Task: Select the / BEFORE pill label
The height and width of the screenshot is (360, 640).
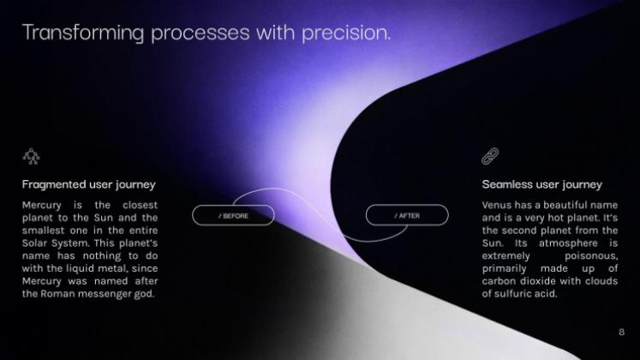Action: click(x=233, y=216)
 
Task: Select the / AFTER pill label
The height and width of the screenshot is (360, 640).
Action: click(x=407, y=216)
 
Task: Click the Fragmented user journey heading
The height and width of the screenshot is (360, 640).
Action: click(x=88, y=184)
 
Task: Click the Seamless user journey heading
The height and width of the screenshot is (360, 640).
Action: click(x=541, y=184)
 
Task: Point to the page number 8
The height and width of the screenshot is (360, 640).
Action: click(x=621, y=332)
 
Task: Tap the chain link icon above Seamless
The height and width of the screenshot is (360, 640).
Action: click(x=490, y=155)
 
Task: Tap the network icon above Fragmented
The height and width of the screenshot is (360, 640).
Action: click(x=31, y=155)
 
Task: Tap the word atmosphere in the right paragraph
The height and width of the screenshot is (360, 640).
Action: click(x=565, y=243)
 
